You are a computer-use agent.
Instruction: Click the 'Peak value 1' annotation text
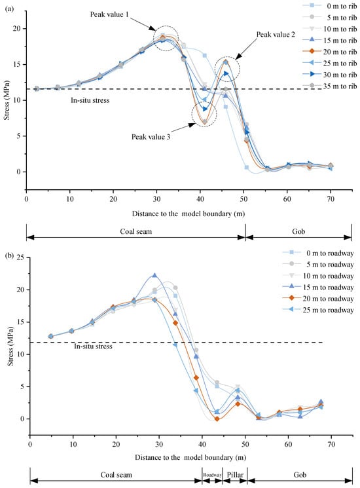tap(109, 14)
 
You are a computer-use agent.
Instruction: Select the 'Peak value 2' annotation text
tap(276, 34)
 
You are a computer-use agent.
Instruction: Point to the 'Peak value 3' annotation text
tap(151, 137)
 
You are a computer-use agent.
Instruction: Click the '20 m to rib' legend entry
tap(330, 52)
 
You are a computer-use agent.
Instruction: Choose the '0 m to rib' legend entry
tap(330, 6)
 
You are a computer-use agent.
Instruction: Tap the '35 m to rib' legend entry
tap(330, 86)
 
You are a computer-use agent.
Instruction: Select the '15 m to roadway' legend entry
tap(318, 288)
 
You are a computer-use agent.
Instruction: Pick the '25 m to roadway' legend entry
tap(318, 310)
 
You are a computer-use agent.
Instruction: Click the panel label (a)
tap(9, 9)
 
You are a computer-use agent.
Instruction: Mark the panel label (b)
tap(10, 256)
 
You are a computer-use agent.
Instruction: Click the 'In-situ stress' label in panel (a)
tap(90, 100)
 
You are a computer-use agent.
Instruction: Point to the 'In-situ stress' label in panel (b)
tap(93, 347)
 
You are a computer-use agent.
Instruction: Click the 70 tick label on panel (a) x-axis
tap(331, 198)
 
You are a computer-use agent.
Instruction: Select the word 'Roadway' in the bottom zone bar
tap(212, 475)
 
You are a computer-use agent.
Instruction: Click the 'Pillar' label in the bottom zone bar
tap(235, 475)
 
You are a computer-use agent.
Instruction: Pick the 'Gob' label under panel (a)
tap(298, 231)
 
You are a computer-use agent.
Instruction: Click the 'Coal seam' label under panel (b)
tap(116, 475)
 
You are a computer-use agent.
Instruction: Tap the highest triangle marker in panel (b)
tap(154, 275)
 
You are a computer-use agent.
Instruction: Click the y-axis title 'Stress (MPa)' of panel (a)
tap(7, 100)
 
